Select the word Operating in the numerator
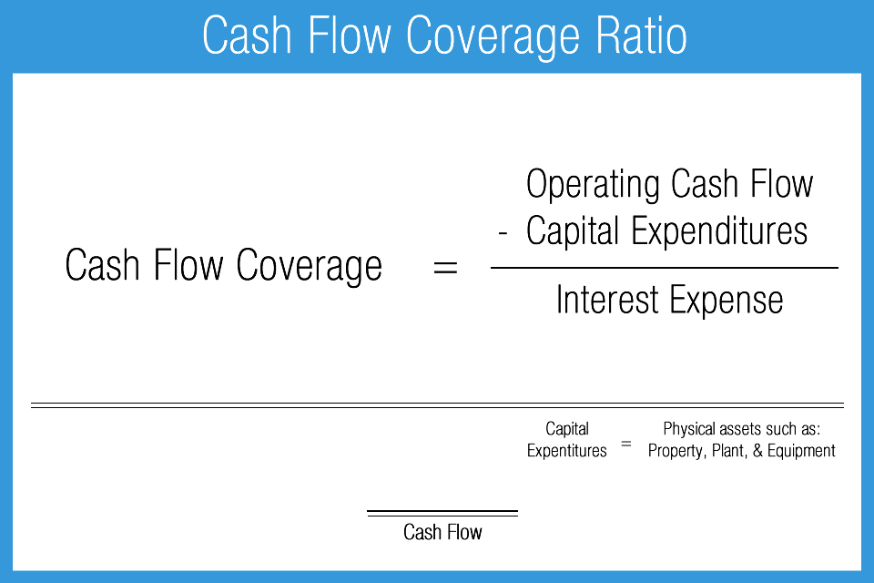coord(593,185)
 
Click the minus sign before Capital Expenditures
coord(503,234)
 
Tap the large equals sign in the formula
coord(444,268)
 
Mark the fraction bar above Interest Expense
coord(664,268)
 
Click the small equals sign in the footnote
coord(625,445)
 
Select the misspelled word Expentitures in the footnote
coord(566,451)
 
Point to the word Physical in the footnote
coord(691,429)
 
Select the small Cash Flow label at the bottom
coord(442,532)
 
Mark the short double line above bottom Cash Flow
coord(442,513)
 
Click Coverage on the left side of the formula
coord(310,266)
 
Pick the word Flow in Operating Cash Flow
coord(780,185)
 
